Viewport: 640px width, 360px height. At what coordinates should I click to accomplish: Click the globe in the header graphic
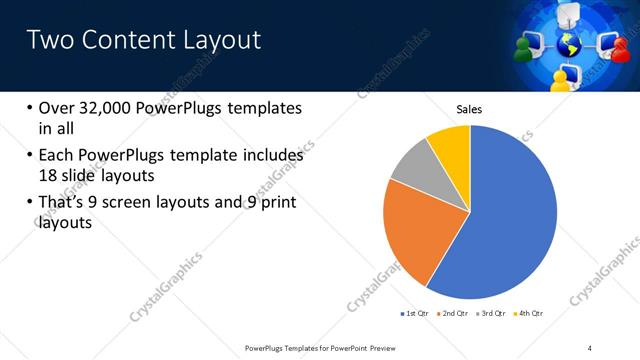coord(570,45)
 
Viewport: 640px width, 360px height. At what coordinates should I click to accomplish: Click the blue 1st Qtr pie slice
coord(500,220)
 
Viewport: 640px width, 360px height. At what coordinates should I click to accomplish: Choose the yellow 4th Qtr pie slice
coord(451,146)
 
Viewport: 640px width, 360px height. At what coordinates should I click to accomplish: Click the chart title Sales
coord(470,109)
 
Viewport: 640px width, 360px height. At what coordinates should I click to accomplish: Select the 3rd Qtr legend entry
coord(490,313)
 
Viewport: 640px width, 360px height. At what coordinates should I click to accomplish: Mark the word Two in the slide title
coord(47,40)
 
